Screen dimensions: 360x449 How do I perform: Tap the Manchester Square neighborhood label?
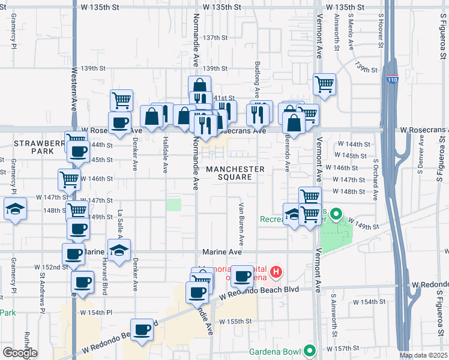(235, 173)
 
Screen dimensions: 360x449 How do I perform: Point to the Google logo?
(19, 353)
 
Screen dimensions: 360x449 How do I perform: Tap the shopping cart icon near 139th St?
(324, 84)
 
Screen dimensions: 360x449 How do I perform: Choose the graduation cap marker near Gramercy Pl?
(14, 209)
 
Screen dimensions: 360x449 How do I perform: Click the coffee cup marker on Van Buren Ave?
(243, 275)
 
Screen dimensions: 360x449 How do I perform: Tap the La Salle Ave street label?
(120, 221)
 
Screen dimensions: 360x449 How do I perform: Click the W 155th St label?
(235, 322)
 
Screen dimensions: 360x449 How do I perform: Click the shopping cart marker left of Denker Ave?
(121, 100)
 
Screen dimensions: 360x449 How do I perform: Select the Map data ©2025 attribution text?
(424, 356)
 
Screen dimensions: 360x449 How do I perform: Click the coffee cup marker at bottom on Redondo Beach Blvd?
(142, 329)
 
